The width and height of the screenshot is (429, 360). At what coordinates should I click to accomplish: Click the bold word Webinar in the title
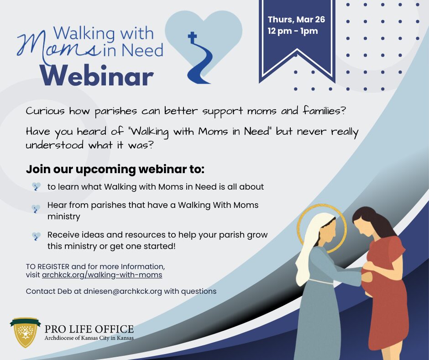97,76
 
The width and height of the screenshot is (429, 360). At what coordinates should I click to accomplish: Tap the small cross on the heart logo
192,37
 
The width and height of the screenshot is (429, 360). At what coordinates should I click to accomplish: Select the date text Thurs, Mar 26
296,20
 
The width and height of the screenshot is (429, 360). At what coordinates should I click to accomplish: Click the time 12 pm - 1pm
293,31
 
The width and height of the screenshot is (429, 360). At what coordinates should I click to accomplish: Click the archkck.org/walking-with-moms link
102,275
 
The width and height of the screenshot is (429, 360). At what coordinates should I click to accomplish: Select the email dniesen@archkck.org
123,291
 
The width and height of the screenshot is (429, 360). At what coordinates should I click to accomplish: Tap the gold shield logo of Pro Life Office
26,332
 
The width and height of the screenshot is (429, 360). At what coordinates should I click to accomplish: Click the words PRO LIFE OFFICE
89,329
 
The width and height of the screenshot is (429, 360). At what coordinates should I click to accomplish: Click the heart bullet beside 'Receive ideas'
36,236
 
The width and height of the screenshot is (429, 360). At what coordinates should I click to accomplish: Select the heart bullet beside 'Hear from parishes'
36,209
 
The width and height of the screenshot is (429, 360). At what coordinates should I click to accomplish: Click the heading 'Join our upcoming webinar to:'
115,169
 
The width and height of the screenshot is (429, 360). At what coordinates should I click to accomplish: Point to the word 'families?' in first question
324,111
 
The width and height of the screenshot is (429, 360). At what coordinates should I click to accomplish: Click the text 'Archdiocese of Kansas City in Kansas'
89,338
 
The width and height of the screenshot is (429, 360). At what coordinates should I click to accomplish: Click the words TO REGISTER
47,267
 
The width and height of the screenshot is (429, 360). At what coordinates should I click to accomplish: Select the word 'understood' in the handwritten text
55,145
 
